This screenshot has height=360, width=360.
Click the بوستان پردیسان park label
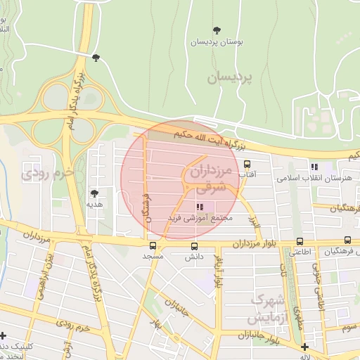217,42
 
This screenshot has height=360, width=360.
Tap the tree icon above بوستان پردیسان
217,30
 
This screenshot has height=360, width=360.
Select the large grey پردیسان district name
229,77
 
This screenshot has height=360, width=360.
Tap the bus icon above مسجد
153,246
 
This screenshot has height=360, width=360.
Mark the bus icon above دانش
195,246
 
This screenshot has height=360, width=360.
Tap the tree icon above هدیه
94,192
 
